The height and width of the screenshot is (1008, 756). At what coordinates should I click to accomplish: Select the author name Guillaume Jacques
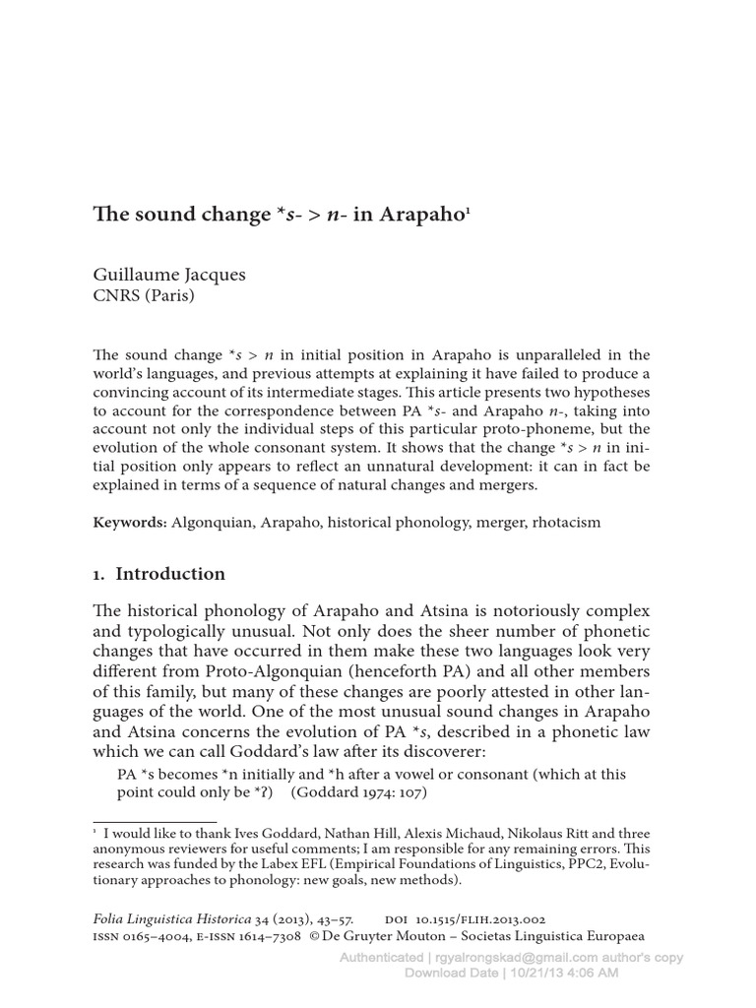click(169, 275)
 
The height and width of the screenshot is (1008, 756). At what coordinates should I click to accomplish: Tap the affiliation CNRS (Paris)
click(143, 295)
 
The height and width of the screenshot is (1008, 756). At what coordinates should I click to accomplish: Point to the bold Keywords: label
click(130, 523)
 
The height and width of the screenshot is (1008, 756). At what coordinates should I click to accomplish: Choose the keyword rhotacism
click(561, 523)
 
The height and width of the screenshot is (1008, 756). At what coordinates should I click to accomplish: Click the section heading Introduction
click(170, 574)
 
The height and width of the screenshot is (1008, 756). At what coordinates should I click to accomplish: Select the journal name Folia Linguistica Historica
click(183, 917)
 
